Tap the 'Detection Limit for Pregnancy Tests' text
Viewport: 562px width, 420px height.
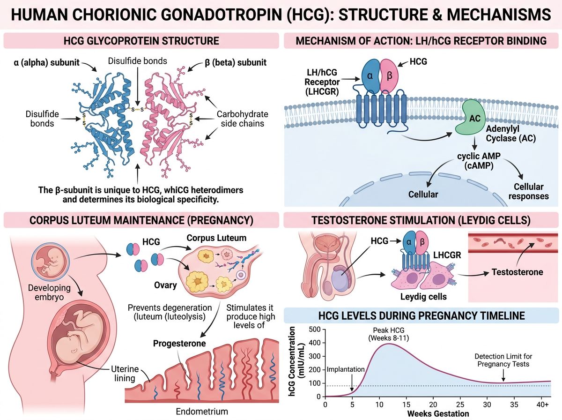point(503,360)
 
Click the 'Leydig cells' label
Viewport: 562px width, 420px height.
point(423,296)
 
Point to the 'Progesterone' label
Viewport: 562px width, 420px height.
point(179,343)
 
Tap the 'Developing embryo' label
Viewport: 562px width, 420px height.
point(49,292)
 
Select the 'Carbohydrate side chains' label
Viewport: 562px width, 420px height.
point(242,119)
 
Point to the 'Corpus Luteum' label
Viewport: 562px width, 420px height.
point(216,238)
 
